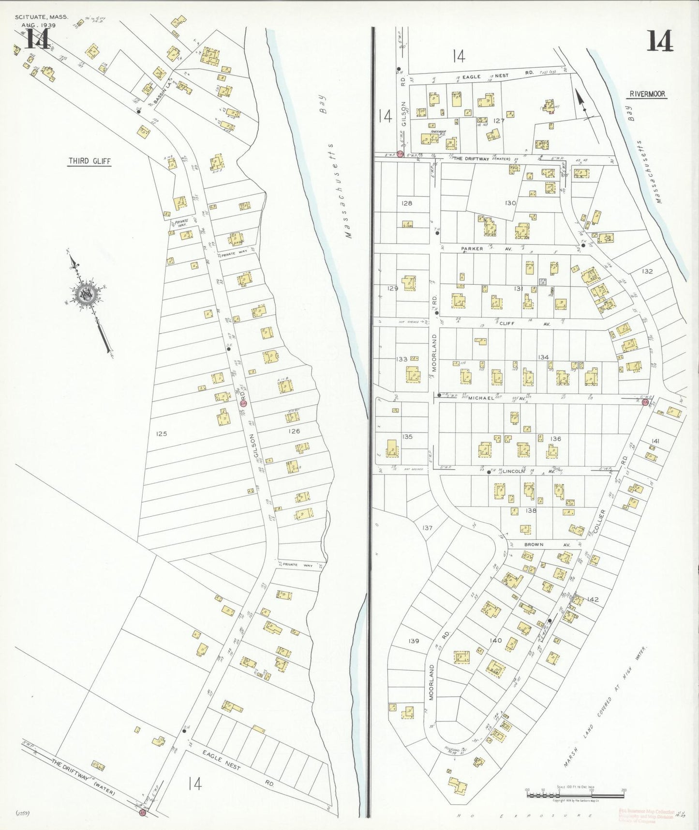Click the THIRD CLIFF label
pyautogui.click(x=89, y=161)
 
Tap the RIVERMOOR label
pyautogui.click(x=648, y=95)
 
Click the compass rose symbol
pyautogui.click(x=88, y=294)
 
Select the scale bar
pyautogui.click(x=574, y=795)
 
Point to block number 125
pyautogui.click(x=161, y=433)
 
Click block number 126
pyautogui.click(x=294, y=431)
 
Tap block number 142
pyautogui.click(x=593, y=599)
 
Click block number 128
pyautogui.click(x=407, y=203)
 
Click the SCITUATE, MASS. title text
pyautogui.click(x=41, y=16)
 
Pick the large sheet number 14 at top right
pyautogui.click(x=659, y=42)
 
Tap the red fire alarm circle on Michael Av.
pyautogui.click(x=645, y=401)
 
